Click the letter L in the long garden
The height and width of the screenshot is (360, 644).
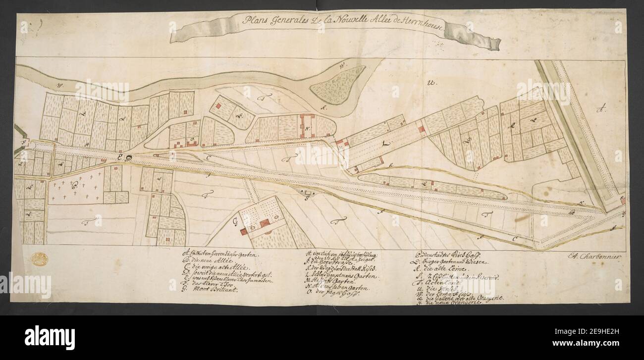click(x=386, y=144)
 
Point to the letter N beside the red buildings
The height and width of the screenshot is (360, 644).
click(x=307, y=130)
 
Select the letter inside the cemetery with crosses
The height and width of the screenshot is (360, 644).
click(x=75, y=186)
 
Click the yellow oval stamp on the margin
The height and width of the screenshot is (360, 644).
click(x=39, y=259)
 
